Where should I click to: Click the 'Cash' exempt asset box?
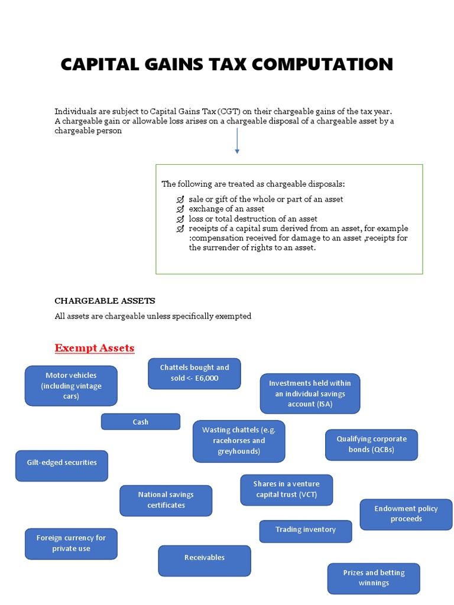point(141,422)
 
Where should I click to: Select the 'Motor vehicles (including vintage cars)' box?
point(71,386)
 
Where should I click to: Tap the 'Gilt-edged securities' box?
point(62,466)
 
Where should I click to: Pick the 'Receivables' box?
point(205,560)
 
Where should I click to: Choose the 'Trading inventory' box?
point(306,531)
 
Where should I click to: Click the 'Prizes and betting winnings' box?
point(374,578)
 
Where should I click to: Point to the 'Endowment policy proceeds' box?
point(406,514)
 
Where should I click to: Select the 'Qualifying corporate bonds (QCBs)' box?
point(371,444)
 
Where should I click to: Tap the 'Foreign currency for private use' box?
point(71,544)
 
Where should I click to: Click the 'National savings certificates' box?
point(166,500)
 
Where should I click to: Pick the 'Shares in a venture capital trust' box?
point(287,490)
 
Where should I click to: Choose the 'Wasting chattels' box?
point(239,441)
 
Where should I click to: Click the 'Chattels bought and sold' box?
point(194,373)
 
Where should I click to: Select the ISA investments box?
point(310,393)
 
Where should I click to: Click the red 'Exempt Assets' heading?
point(95,348)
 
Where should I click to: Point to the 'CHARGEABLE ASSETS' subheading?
point(105,301)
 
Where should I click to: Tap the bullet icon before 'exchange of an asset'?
point(180,209)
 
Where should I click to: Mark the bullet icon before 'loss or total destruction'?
point(180,219)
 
